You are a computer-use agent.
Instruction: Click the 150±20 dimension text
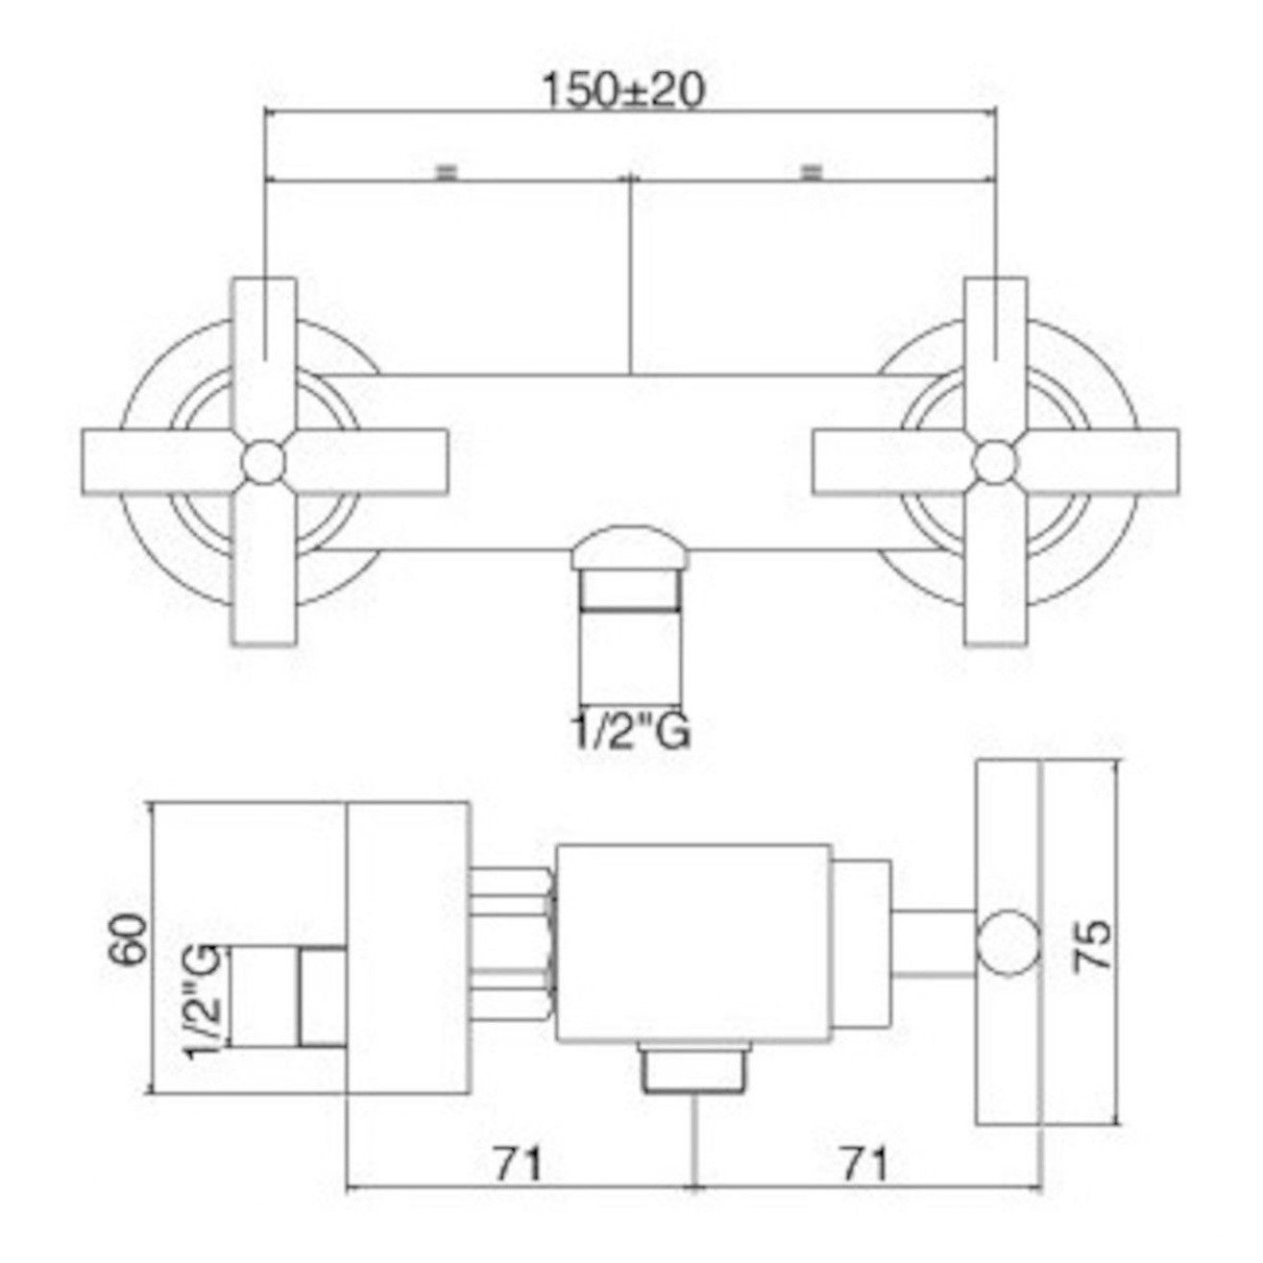(623, 92)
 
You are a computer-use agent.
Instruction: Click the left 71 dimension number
(519, 1164)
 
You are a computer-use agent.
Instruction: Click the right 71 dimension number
(862, 1164)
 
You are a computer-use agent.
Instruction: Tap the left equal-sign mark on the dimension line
(446, 172)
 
